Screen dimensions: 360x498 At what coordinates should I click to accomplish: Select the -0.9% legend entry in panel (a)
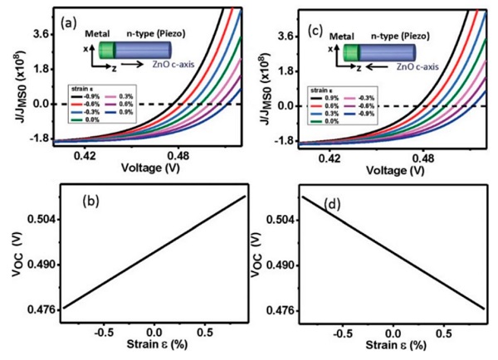(88, 97)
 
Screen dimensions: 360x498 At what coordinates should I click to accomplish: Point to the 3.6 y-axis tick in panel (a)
(43, 35)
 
